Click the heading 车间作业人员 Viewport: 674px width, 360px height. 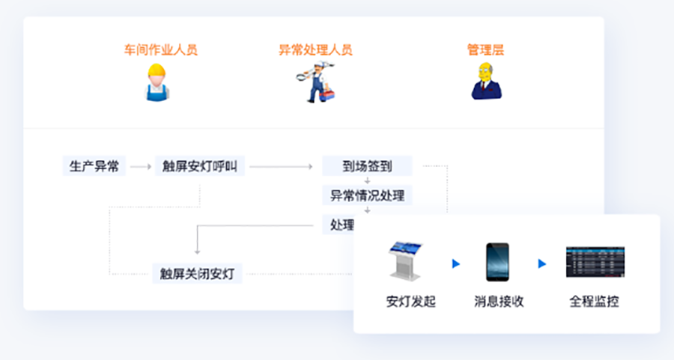(161, 50)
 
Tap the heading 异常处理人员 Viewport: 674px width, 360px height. (315, 50)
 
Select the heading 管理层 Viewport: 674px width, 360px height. (486, 50)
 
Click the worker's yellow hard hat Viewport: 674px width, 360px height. (157, 70)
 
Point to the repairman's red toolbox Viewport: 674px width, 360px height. (327, 95)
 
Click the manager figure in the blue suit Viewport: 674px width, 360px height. (487, 81)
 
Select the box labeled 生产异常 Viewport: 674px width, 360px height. (94, 166)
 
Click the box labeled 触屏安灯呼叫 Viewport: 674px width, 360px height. (200, 166)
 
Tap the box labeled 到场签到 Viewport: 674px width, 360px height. (367, 166)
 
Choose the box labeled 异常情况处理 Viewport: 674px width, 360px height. (367, 195)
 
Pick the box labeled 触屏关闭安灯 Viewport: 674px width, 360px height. (197, 274)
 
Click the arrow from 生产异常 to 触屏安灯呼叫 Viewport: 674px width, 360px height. (141, 167)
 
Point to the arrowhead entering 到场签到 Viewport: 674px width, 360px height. (310, 167)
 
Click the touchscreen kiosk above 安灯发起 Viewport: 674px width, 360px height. (405, 261)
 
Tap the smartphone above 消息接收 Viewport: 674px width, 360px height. (497, 262)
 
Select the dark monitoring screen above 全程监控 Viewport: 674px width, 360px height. (595, 262)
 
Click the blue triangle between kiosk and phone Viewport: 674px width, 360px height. (456, 263)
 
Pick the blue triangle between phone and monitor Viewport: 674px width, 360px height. (542, 263)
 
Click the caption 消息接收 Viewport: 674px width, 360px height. (499, 302)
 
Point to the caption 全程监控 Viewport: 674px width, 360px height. (595, 302)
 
